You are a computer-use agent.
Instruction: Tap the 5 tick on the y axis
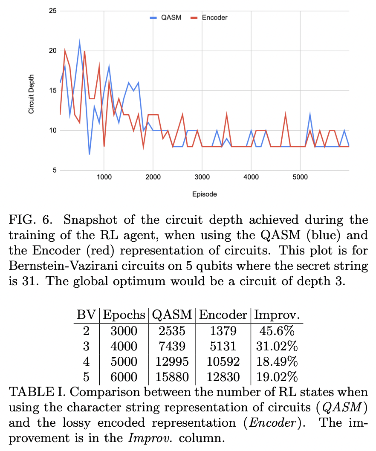(54, 171)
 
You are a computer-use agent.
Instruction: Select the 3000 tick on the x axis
(202, 177)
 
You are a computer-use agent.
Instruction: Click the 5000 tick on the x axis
(300, 177)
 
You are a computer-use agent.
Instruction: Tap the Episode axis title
(205, 194)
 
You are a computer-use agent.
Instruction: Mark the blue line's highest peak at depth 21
(79, 42)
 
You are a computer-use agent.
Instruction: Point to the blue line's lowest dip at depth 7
(89, 154)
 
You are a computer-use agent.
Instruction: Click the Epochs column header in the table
(124, 315)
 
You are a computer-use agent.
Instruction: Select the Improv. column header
(277, 315)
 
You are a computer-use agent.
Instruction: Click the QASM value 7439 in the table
(171, 347)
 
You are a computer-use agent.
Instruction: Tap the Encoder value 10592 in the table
(223, 362)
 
